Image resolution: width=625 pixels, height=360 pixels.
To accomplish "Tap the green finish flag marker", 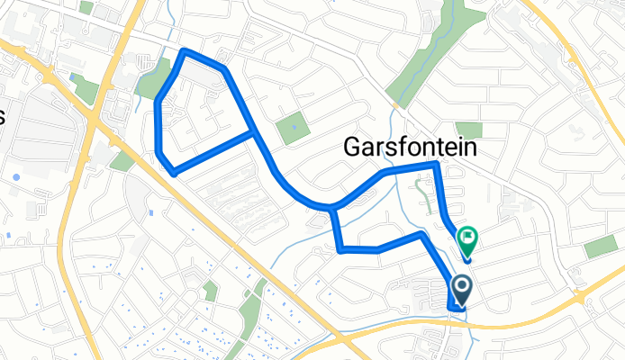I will [467, 238].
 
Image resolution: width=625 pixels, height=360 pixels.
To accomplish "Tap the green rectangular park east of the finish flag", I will [601, 246].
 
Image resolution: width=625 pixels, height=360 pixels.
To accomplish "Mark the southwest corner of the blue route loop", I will [173, 171].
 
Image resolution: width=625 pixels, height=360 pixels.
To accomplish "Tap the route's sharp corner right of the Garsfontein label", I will [438, 164].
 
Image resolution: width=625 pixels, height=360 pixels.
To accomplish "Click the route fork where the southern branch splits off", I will [333, 210].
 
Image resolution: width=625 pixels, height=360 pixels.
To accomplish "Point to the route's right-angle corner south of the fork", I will [340, 249].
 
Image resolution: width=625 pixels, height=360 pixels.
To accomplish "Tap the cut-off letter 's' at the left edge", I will [3, 116].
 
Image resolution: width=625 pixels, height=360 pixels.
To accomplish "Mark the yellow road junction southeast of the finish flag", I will [582, 296].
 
